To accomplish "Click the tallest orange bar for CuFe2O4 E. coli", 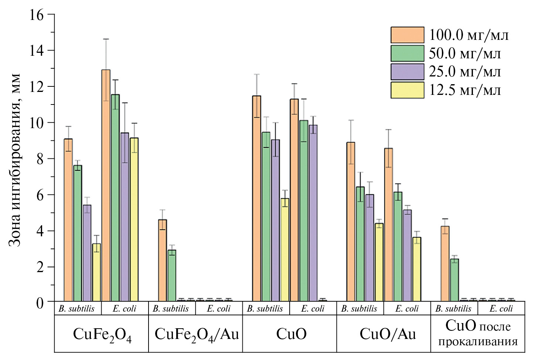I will [x=106, y=185].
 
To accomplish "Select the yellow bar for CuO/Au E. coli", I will [x=417, y=269].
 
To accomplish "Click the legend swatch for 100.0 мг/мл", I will [x=407, y=35].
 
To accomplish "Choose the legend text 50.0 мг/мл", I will [x=465, y=54].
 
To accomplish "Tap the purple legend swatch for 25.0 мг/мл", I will [x=407, y=72].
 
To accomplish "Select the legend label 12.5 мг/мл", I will [x=465, y=90].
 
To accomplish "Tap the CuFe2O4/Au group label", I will [x=196, y=335].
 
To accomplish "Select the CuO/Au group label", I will [x=388, y=334].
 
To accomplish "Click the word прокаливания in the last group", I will [x=478, y=342].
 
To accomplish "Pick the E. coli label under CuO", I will [x=313, y=309].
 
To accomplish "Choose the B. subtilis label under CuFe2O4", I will [x=76, y=309].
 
